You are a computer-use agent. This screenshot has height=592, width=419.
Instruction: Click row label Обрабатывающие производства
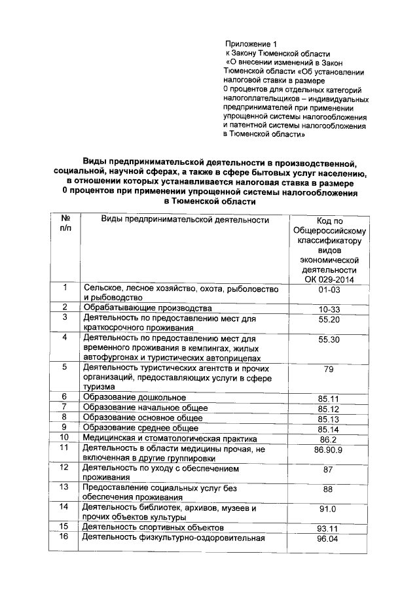147,308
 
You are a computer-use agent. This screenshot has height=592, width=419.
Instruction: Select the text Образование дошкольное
134,398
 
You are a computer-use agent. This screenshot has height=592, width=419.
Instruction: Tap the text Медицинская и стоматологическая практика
169,438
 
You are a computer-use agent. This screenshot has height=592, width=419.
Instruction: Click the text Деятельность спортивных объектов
153,527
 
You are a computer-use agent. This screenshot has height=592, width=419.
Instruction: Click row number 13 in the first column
64,487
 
